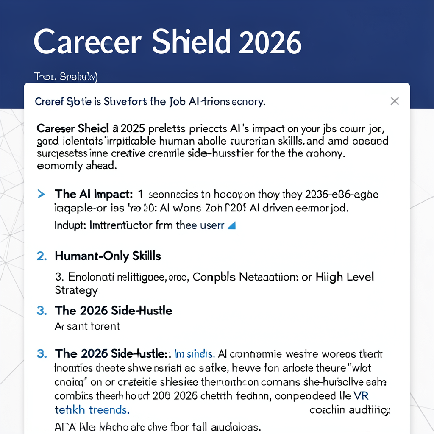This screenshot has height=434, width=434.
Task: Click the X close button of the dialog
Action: point(395,101)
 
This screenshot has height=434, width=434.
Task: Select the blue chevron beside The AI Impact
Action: point(42,194)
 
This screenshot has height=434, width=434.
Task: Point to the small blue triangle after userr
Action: point(231,225)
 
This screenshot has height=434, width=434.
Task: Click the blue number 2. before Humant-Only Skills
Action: point(42,256)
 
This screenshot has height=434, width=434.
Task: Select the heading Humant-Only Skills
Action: point(108,256)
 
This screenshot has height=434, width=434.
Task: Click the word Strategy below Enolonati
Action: point(76,290)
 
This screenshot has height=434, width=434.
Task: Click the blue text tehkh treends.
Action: point(92,410)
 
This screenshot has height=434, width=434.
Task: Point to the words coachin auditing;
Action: point(350,410)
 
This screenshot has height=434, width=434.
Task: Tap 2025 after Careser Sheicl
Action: point(133,128)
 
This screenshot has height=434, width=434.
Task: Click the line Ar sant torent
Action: point(87,326)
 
